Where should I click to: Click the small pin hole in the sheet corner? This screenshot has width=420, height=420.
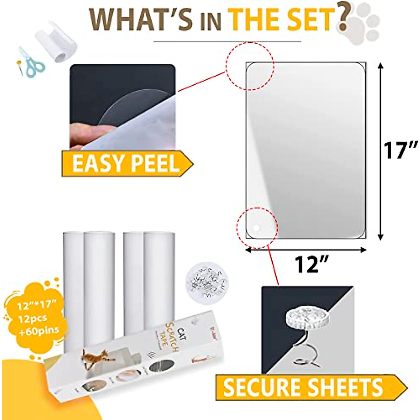[257, 228]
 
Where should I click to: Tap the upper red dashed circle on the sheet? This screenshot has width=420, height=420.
[249, 66]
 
